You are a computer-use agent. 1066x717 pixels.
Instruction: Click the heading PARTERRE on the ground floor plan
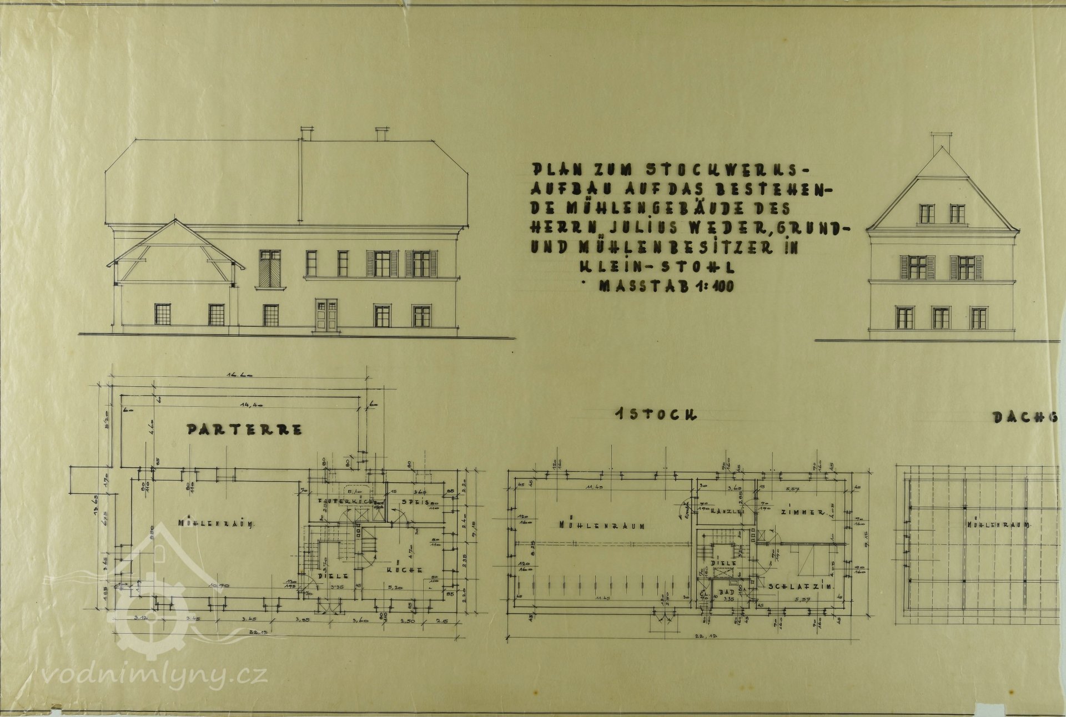pos(244,430)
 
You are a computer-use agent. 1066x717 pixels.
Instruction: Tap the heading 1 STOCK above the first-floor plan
pos(655,415)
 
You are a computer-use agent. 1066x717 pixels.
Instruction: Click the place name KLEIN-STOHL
pos(657,267)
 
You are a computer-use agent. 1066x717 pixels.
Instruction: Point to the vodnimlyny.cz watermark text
pos(155,676)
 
